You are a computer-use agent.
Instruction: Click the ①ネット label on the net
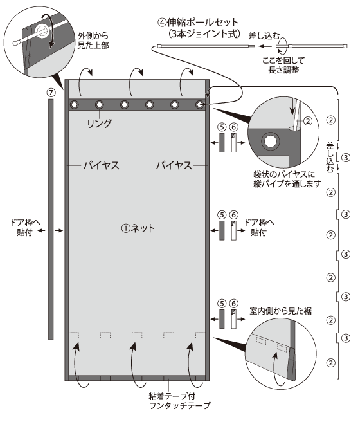click(139, 228)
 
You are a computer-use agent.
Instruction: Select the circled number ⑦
click(50, 92)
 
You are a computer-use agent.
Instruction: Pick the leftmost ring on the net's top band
click(75, 105)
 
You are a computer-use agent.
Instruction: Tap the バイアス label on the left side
click(100, 165)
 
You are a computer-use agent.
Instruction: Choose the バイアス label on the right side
click(174, 165)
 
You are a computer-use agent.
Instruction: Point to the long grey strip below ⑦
click(50, 219)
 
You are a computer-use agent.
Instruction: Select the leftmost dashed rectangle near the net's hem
click(74, 335)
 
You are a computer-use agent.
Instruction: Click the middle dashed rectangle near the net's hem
click(137, 335)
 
